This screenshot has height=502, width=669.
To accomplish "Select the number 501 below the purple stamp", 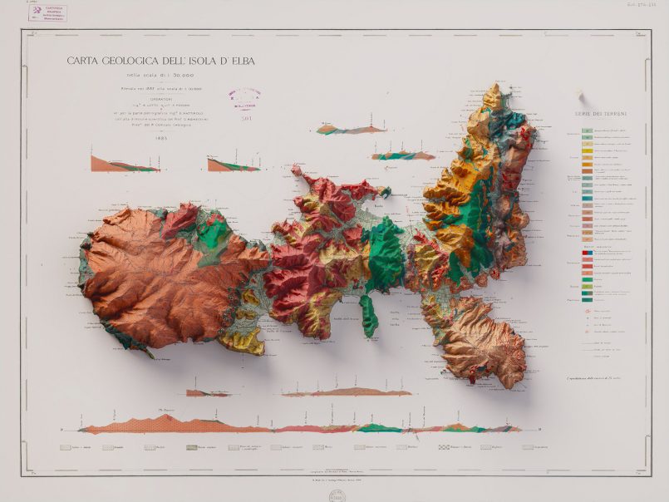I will [x=246, y=119].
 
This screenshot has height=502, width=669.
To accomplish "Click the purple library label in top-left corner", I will [x=48, y=13].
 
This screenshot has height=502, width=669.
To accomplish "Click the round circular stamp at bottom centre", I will [x=335, y=495].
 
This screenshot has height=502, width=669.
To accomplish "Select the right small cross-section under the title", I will [x=233, y=164].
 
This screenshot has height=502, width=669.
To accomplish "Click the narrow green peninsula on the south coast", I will [x=369, y=316].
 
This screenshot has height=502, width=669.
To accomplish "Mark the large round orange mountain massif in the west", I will [x=154, y=278].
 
